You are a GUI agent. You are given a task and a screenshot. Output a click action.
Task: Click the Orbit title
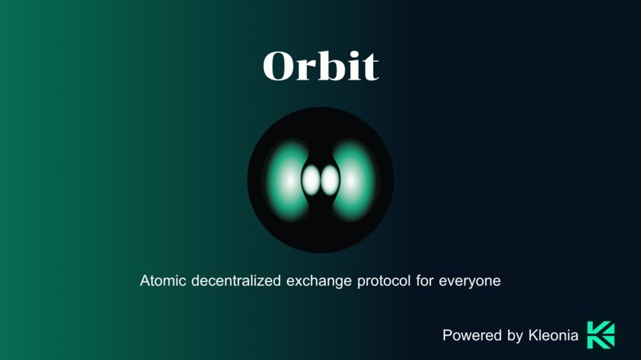coord(320,67)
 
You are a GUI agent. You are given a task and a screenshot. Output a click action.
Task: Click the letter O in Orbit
coord(279,68)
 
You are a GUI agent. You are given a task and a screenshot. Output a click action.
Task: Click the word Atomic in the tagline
coord(163,281)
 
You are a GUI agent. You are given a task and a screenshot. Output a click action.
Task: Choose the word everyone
coord(470,281)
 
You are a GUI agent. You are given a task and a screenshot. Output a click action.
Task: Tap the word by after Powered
coord(515,336)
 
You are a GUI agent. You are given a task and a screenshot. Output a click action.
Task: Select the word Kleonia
coord(554,335)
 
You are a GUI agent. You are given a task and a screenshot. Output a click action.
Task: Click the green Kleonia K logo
coord(600,335)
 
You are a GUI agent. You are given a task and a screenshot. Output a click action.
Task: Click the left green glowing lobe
coord(282,180)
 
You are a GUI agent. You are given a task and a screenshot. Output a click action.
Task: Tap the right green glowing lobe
coord(359,180)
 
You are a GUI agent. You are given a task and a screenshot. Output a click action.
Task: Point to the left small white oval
coord(311,180)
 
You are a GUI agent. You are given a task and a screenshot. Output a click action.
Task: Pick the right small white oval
coord(329,180)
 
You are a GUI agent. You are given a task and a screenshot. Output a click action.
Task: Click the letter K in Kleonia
coord(534,335)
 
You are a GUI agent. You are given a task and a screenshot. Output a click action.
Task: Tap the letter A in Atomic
coord(146,281)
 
